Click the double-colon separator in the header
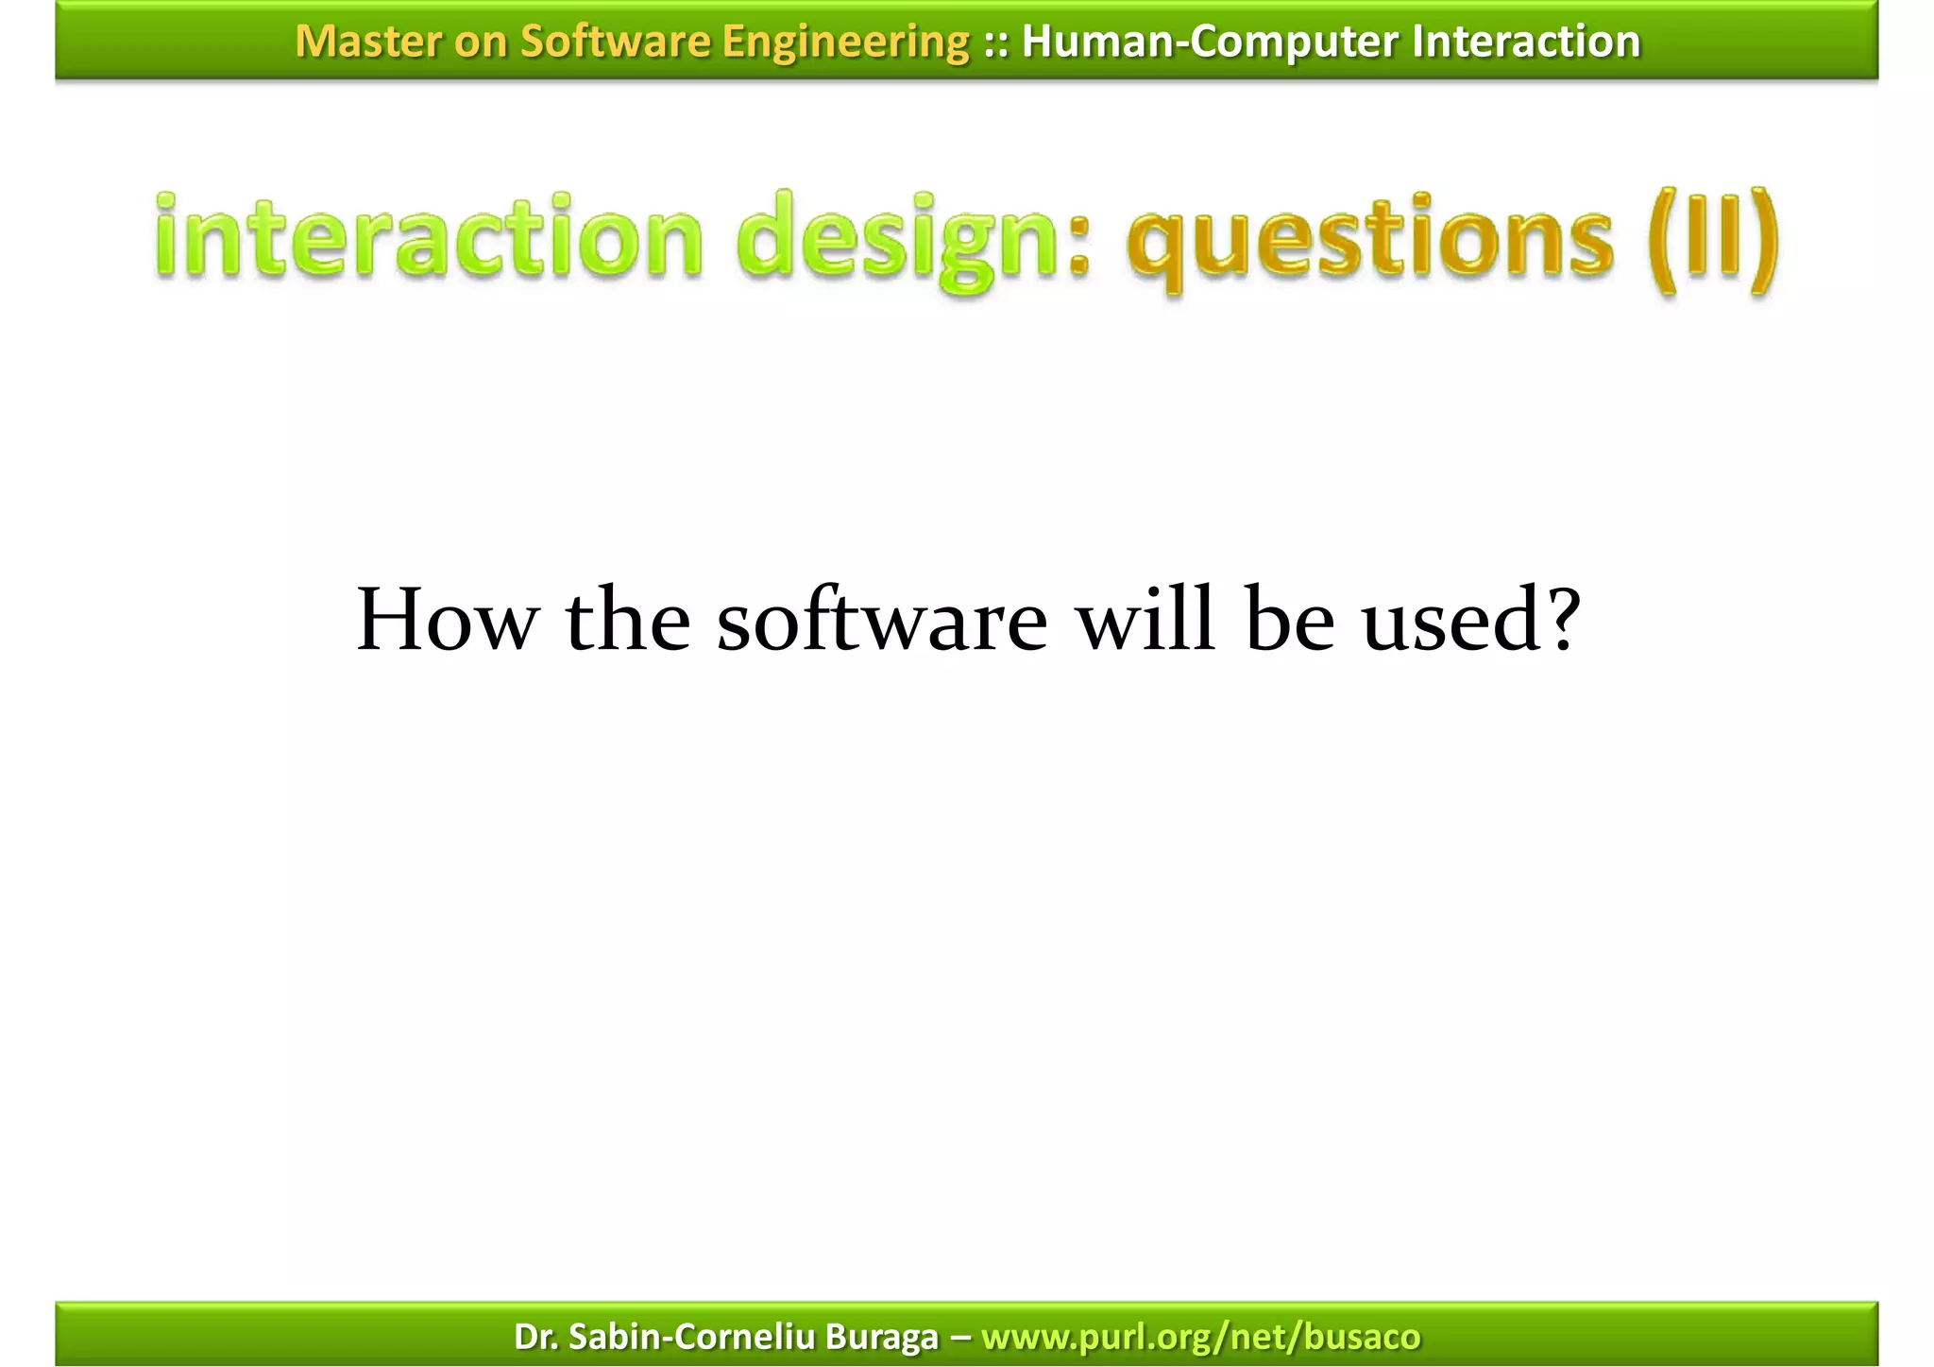[994, 42]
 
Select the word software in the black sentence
[882, 621]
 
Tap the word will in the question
[1145, 621]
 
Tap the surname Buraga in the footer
[881, 1337]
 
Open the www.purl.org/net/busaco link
[1200, 1337]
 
